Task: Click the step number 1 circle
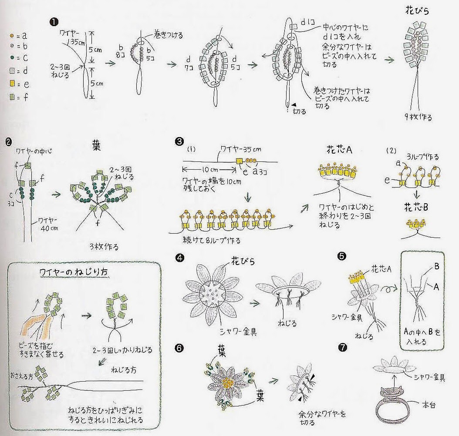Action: [54, 22]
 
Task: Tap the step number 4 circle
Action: [179, 258]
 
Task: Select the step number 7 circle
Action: [342, 347]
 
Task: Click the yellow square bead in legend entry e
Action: [12, 84]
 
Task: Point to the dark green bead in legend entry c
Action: [12, 58]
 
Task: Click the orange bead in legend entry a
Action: [12, 36]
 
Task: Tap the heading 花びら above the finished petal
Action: [417, 11]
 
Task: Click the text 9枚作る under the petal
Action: [418, 117]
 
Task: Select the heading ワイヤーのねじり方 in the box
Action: [74, 272]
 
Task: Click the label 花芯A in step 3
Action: [339, 150]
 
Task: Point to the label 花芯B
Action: [416, 207]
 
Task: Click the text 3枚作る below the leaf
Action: [104, 247]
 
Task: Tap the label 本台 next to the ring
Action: [429, 405]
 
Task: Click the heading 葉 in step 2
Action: [96, 146]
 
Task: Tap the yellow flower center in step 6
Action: [228, 382]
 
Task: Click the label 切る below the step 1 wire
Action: [300, 111]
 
